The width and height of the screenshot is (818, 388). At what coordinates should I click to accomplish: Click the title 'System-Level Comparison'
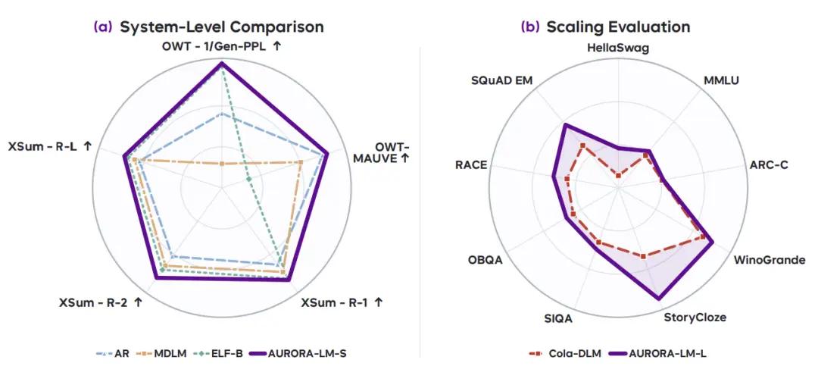pos(222,27)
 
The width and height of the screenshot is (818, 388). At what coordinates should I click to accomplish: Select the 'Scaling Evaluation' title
pos(618,27)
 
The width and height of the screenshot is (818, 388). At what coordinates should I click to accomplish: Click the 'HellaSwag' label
pos(618,48)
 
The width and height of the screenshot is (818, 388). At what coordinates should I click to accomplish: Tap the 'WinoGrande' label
pos(770,259)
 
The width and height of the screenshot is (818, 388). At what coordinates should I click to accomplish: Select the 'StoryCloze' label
pos(695,317)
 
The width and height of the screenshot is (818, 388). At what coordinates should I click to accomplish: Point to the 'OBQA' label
pos(485,259)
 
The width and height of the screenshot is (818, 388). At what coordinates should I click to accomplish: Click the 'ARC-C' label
pos(769,165)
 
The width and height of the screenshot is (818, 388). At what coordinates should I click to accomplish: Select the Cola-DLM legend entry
pos(565,354)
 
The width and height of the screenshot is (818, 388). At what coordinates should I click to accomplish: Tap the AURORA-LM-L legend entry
pos(659,354)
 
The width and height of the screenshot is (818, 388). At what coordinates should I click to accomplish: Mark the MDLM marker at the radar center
pos(222,164)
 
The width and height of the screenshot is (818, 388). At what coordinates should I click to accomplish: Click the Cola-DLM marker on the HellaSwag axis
pos(618,176)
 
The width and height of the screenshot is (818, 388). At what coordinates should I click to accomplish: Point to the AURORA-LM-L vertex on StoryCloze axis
pos(658,299)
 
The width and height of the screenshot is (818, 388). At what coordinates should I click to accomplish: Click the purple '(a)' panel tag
pos(103,27)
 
